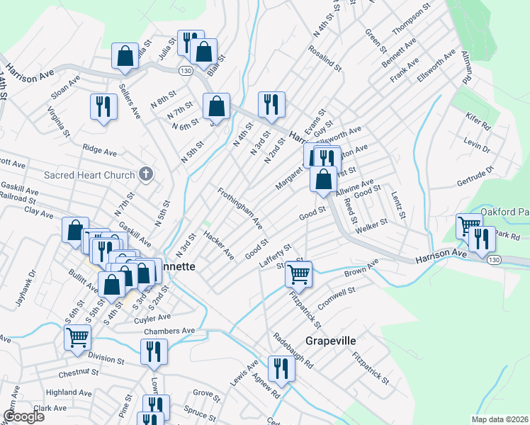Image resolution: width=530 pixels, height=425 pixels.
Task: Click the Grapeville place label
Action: click(329, 341)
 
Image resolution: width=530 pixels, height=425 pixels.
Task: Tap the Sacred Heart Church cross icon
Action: click(146, 174)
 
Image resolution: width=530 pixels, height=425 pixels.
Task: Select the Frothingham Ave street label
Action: click(240, 208)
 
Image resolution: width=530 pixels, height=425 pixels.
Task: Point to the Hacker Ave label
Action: click(218, 244)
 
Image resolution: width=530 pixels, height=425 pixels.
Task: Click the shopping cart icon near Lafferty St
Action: click(299, 273)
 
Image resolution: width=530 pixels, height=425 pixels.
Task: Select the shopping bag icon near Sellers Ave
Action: click(125, 57)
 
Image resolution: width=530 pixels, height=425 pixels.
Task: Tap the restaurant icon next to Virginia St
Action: click(103, 106)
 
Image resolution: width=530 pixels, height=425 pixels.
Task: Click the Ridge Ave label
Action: click(99, 151)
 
